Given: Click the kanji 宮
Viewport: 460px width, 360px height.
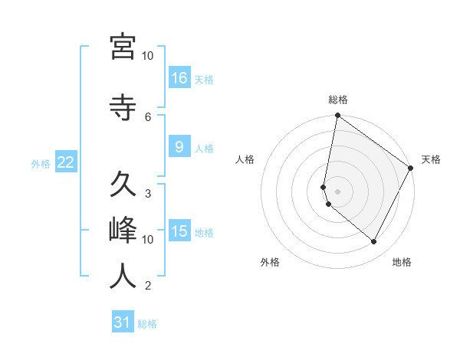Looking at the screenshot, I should (x=123, y=47).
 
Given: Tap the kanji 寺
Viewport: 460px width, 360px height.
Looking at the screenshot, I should (x=123, y=106).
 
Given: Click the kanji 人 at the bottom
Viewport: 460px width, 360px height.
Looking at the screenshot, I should (x=123, y=276).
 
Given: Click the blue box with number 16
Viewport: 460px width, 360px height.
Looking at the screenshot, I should (x=179, y=77).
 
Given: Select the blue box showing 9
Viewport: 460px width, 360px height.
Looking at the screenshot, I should (x=179, y=147).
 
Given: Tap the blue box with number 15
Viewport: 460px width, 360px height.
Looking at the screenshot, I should (x=179, y=231).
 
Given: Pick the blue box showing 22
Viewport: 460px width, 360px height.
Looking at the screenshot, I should (x=65, y=162).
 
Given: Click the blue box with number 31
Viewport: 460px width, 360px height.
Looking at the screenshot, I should (x=123, y=322).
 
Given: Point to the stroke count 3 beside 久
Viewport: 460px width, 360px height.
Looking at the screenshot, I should (x=148, y=192).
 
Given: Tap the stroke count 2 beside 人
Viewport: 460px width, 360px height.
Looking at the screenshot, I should (x=148, y=286).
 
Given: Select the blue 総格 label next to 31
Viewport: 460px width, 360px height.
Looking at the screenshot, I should (x=147, y=324).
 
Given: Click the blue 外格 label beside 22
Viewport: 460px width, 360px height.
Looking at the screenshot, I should (x=41, y=163).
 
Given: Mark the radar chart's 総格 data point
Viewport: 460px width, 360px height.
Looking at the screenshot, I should (x=337, y=116).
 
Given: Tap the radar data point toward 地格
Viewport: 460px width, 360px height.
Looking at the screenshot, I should (x=374, y=242).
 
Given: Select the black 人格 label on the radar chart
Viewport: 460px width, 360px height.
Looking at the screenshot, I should (x=245, y=159).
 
